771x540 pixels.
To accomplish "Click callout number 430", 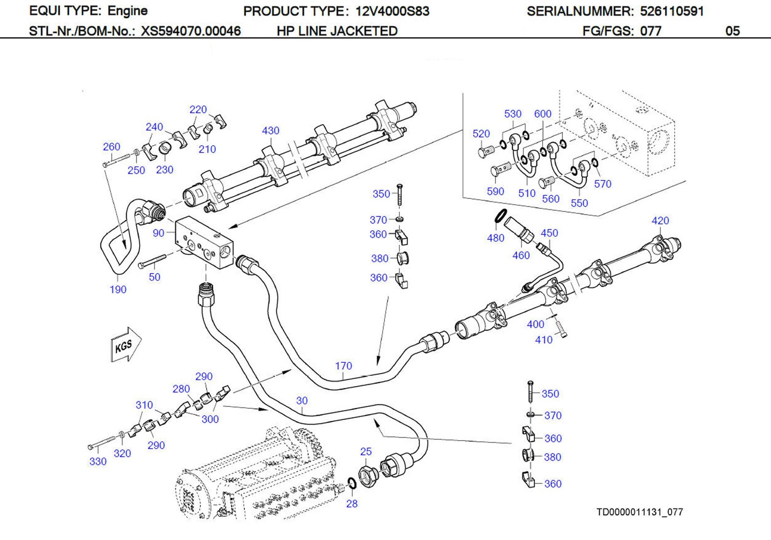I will tap(270, 130).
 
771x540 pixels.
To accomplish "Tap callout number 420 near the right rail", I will tap(660, 221).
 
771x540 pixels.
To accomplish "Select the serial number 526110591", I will tap(672, 11).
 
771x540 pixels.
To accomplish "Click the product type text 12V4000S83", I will tap(392, 11).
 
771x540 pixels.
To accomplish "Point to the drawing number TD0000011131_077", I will tap(639, 512).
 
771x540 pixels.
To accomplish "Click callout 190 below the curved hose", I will tap(118, 290).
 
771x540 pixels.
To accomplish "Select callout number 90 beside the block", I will tap(159, 233).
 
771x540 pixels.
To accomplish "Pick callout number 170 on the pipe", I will tap(344, 366).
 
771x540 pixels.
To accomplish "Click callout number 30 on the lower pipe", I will tap(302, 401).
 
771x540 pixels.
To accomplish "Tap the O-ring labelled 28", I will tap(352, 483).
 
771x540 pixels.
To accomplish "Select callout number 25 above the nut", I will tap(366, 452).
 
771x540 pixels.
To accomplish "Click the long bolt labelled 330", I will tap(102, 443).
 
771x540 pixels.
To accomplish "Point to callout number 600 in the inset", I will tap(543, 114).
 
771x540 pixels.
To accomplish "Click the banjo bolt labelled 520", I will tap(486, 152).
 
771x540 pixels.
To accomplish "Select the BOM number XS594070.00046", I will tap(190, 31).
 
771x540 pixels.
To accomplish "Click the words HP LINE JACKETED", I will tap(337, 31).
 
